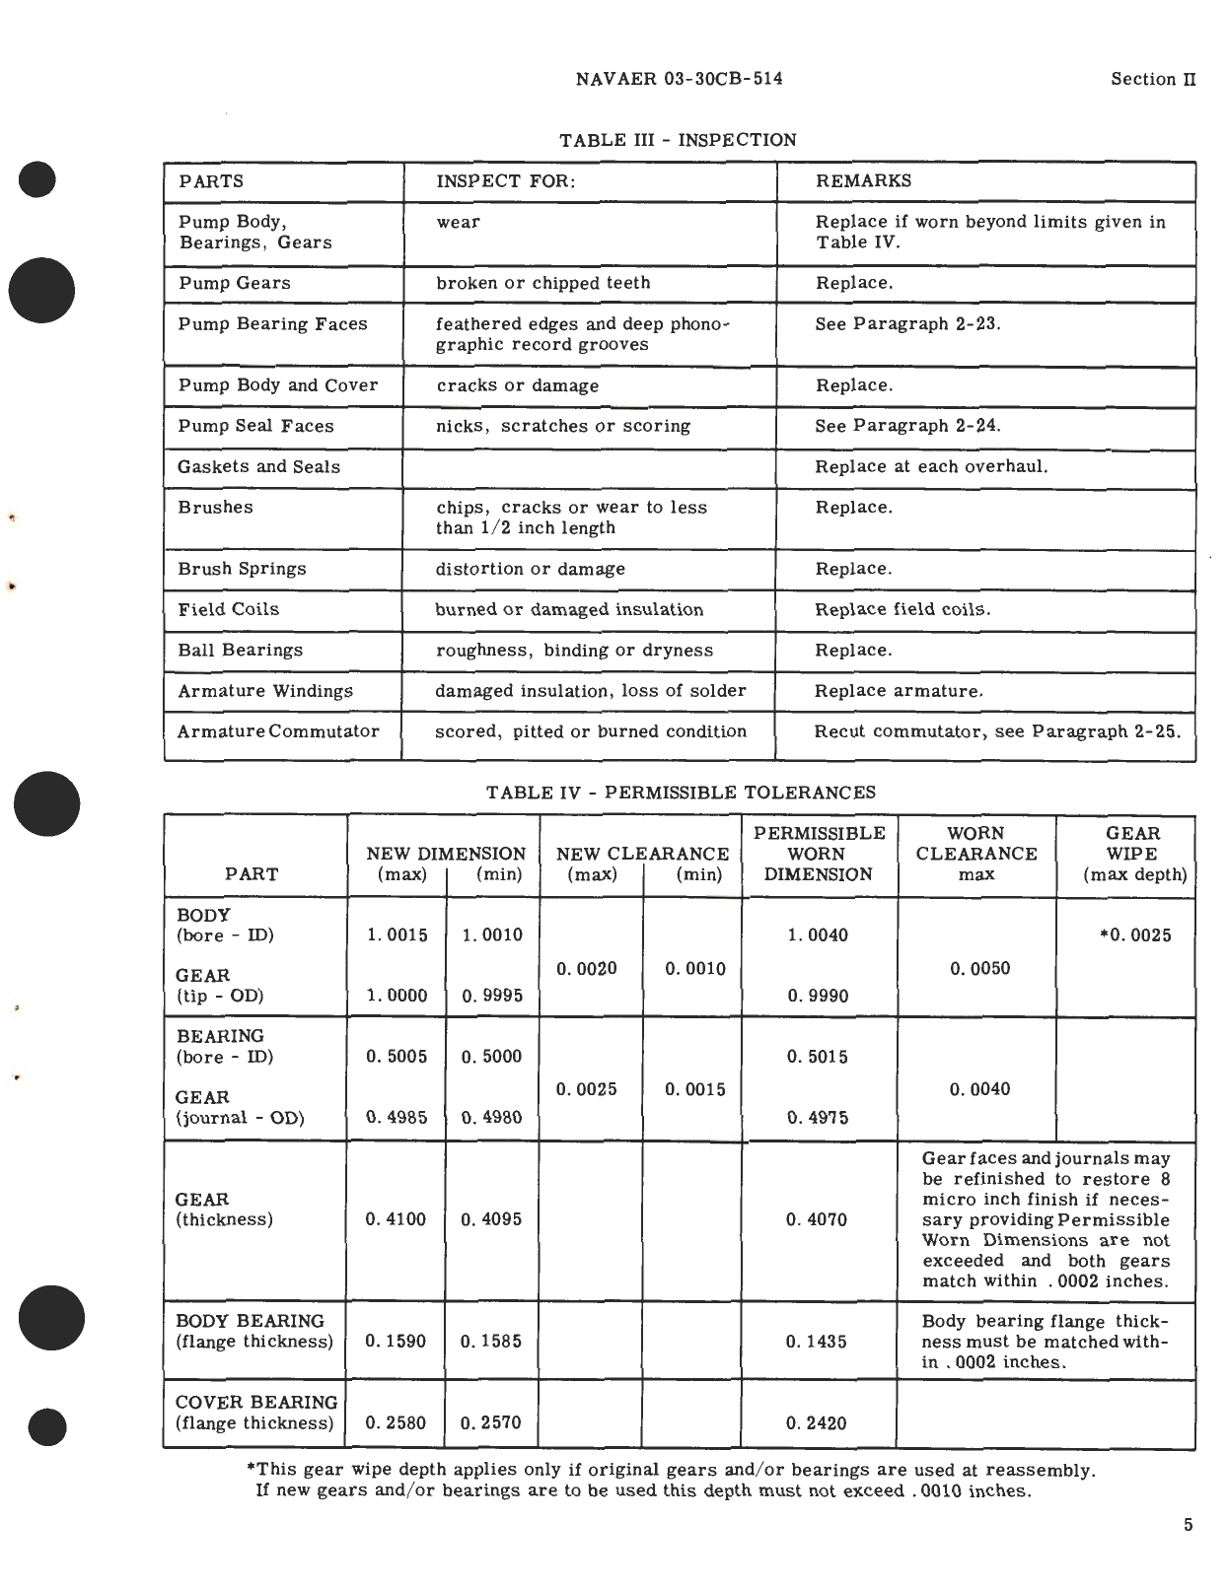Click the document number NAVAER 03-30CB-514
click(679, 79)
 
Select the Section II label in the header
click(1152, 79)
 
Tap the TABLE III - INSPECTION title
click(678, 140)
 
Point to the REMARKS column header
click(863, 181)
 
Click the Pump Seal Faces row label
click(255, 426)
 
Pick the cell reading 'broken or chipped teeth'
click(543, 283)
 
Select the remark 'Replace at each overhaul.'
click(931, 466)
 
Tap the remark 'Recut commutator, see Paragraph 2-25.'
click(996, 731)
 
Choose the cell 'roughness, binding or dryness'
click(574, 651)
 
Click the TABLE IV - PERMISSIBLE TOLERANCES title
click(681, 793)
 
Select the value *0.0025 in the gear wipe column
click(1135, 935)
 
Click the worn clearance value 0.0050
click(979, 969)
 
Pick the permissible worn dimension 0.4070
click(817, 1220)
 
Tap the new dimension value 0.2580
click(396, 1423)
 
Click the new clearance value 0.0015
click(694, 1090)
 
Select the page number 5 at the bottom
click(1188, 1525)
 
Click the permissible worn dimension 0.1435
click(817, 1342)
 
